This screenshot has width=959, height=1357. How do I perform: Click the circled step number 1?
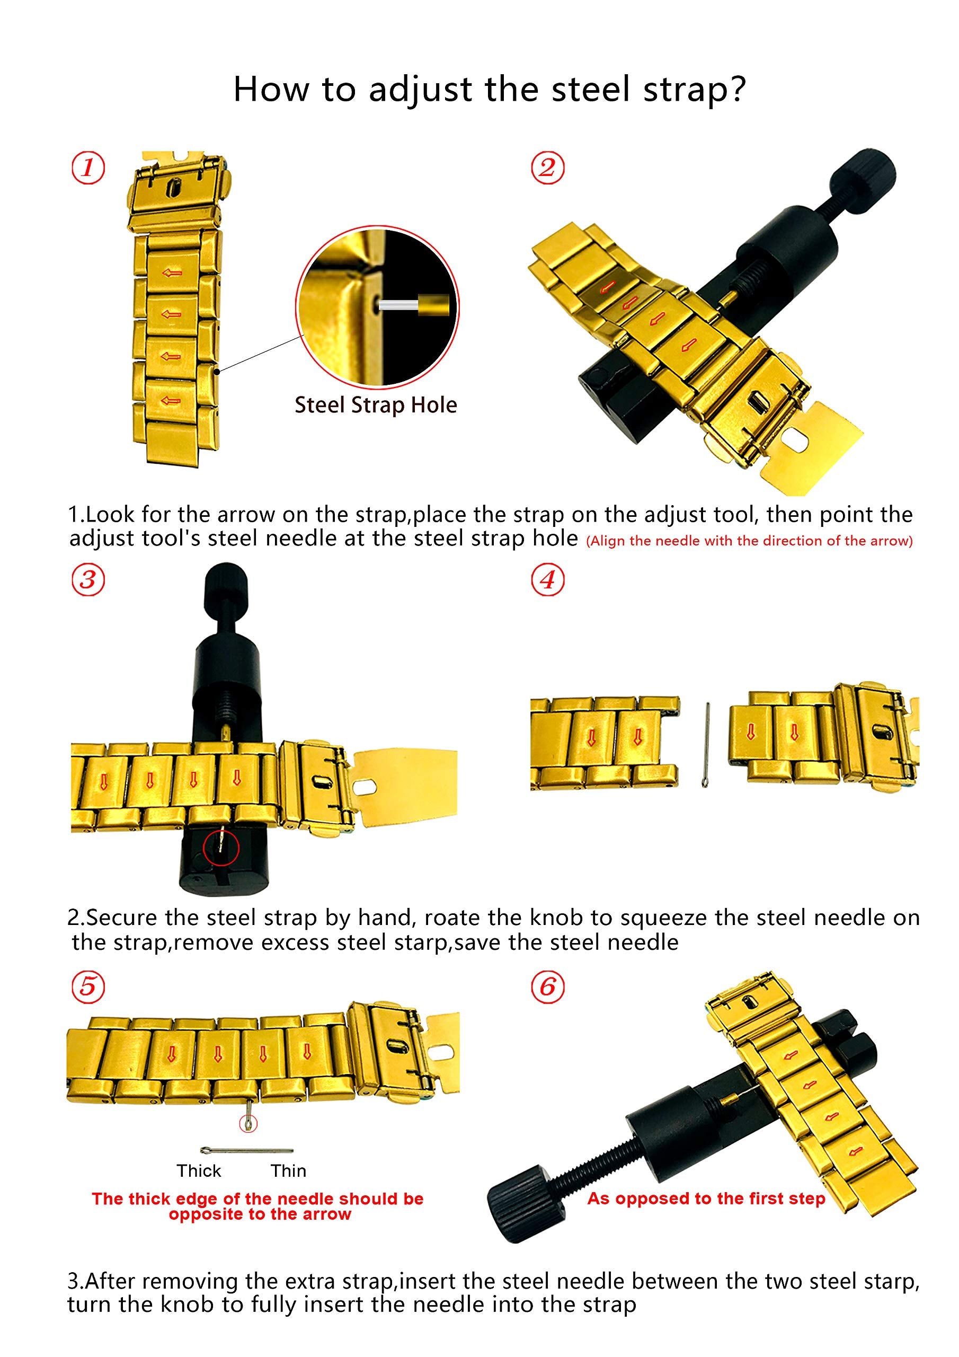[88, 168]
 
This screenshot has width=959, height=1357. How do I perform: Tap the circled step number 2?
[547, 168]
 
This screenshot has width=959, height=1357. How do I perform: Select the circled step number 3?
[88, 579]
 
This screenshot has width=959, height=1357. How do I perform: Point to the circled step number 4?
[547, 579]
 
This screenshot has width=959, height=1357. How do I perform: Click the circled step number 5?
[88, 986]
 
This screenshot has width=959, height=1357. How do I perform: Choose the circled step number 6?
[547, 986]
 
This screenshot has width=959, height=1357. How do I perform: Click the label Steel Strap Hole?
[376, 406]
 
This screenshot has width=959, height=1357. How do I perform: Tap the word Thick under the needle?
[199, 1171]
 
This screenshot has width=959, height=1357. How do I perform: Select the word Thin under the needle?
[288, 1171]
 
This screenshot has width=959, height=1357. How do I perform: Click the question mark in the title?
[738, 89]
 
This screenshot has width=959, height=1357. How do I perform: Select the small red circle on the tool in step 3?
[220, 849]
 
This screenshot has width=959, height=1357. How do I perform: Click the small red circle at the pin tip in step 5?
[248, 1123]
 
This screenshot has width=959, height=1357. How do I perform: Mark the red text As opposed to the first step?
[706, 1199]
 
